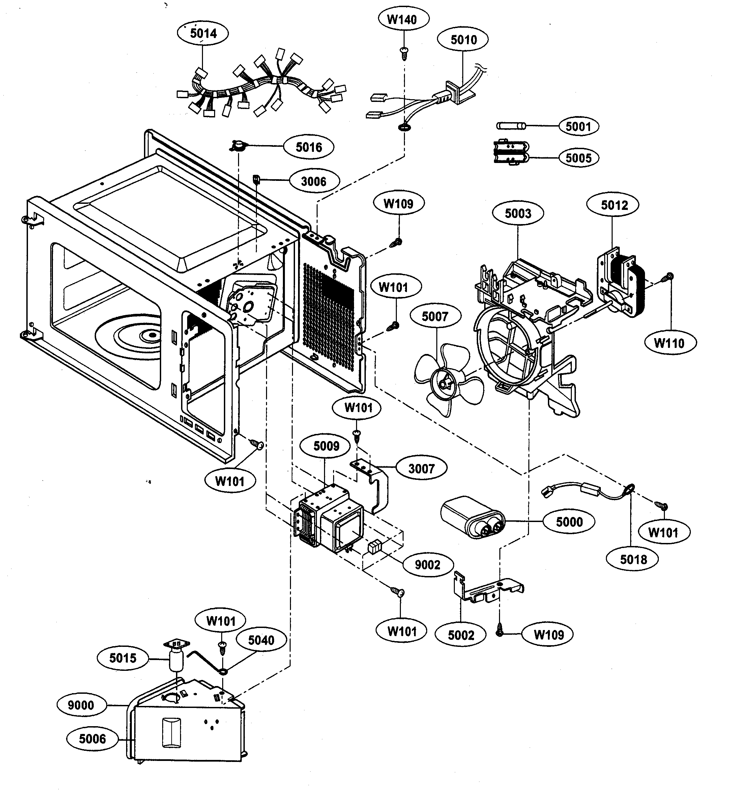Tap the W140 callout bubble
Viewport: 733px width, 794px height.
403,19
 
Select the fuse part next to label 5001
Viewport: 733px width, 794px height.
511,126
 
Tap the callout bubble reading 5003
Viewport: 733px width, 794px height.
518,214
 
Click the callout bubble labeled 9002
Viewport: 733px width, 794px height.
428,565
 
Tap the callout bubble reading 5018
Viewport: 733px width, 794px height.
634,559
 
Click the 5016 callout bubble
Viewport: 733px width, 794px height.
309,147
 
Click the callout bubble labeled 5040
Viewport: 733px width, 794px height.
261,640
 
